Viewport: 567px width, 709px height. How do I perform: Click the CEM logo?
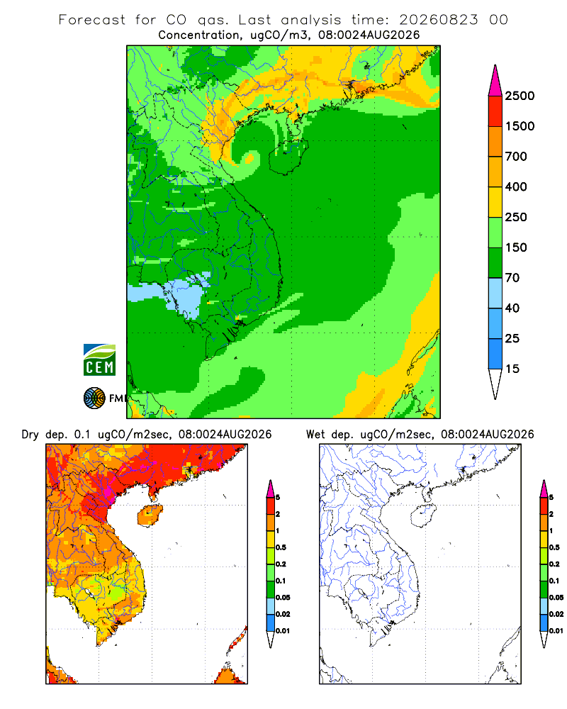(x=99, y=360)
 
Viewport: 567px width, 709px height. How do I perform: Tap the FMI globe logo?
(x=94, y=398)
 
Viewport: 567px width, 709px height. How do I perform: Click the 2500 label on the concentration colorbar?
(x=520, y=96)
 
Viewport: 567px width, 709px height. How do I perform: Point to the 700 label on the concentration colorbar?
(x=516, y=157)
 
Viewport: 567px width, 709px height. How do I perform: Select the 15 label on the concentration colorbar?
(x=512, y=369)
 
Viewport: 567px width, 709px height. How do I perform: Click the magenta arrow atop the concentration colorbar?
(x=495, y=81)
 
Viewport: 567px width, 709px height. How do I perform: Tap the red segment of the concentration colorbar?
(x=495, y=111)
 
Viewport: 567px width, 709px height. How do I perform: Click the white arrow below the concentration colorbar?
(x=495, y=384)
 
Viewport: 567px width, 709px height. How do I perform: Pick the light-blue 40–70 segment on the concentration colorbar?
(x=495, y=293)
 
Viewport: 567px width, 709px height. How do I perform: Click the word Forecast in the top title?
(x=92, y=20)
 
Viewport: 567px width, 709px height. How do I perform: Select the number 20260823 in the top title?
(x=438, y=20)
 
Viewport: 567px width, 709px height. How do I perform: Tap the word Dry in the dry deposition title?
(x=30, y=435)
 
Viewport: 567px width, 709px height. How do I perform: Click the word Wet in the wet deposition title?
(x=315, y=435)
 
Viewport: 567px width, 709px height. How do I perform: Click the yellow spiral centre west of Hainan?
(x=249, y=158)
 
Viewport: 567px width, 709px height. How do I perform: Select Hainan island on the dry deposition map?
(x=150, y=515)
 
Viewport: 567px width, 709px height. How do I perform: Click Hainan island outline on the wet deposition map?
(x=423, y=515)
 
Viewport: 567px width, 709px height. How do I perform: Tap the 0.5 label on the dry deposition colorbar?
(x=281, y=547)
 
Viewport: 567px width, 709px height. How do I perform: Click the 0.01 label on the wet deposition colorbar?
(x=556, y=631)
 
